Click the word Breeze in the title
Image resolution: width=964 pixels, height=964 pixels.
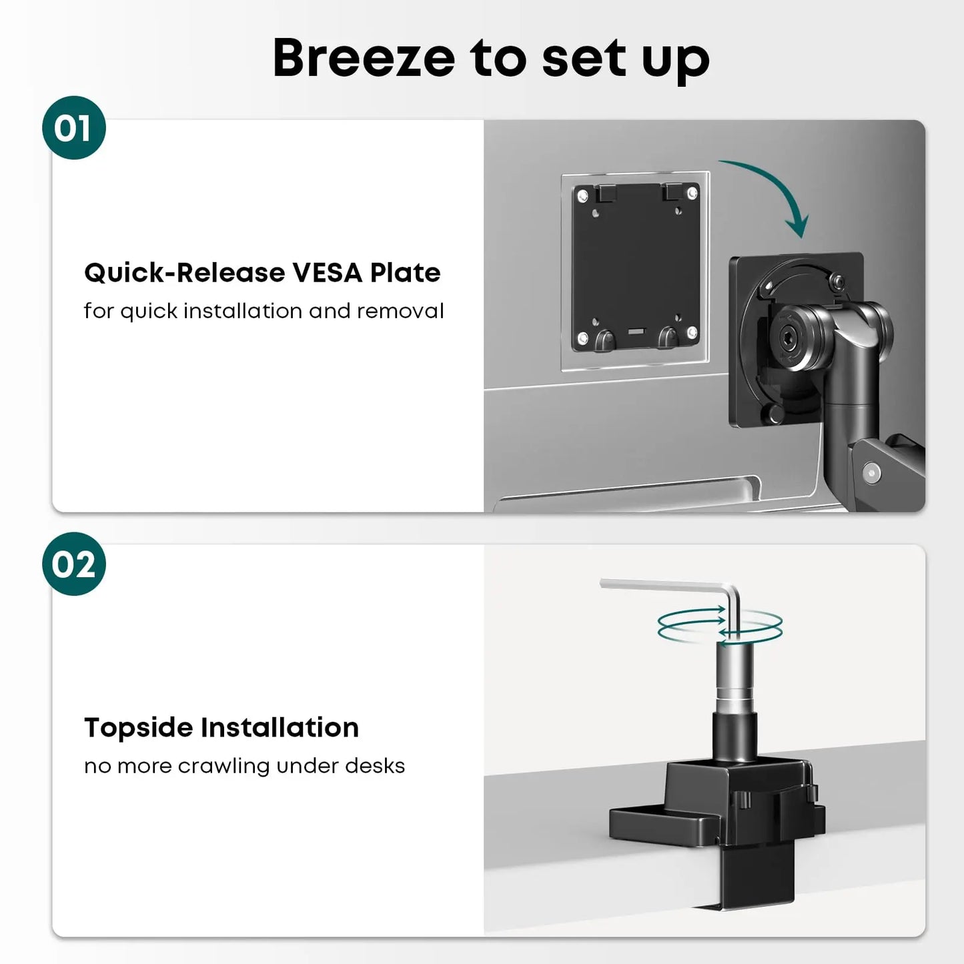pos(364,58)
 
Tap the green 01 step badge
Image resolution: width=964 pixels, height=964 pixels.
pos(74,127)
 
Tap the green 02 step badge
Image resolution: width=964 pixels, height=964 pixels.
pos(74,564)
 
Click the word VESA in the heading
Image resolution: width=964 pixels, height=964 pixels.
pos(327,273)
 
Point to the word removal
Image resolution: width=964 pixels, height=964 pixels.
pos(400,311)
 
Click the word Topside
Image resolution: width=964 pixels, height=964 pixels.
pos(139,729)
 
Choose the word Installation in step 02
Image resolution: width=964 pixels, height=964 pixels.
pos(280,727)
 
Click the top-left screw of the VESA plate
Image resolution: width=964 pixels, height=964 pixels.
pos(582,195)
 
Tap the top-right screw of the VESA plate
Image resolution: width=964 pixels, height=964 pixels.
pos(692,193)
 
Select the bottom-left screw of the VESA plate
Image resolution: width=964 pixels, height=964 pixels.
pos(582,338)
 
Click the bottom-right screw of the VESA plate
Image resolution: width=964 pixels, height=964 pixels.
pos(692,332)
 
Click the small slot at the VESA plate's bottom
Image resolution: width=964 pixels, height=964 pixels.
pos(636,331)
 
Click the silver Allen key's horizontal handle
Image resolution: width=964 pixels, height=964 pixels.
pos(665,584)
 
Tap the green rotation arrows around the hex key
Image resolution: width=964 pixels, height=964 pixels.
pos(720,625)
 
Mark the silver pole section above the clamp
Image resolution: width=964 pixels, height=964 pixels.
pos(735,677)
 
